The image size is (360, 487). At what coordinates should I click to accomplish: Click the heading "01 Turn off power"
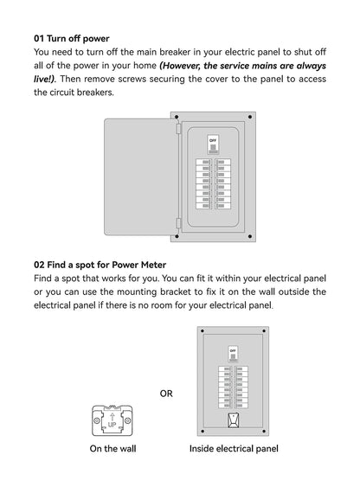click(72, 39)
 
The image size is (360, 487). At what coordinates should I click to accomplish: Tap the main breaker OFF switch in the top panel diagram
click(213, 140)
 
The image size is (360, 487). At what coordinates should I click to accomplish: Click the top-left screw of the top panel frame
click(177, 116)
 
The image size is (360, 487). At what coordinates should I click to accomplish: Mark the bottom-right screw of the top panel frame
click(250, 236)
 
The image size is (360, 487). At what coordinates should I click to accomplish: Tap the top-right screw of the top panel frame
click(250, 116)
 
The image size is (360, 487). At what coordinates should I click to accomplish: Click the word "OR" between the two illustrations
click(166, 394)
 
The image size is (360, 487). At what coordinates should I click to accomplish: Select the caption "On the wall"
click(112, 449)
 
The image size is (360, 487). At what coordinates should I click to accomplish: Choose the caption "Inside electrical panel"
click(234, 449)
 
